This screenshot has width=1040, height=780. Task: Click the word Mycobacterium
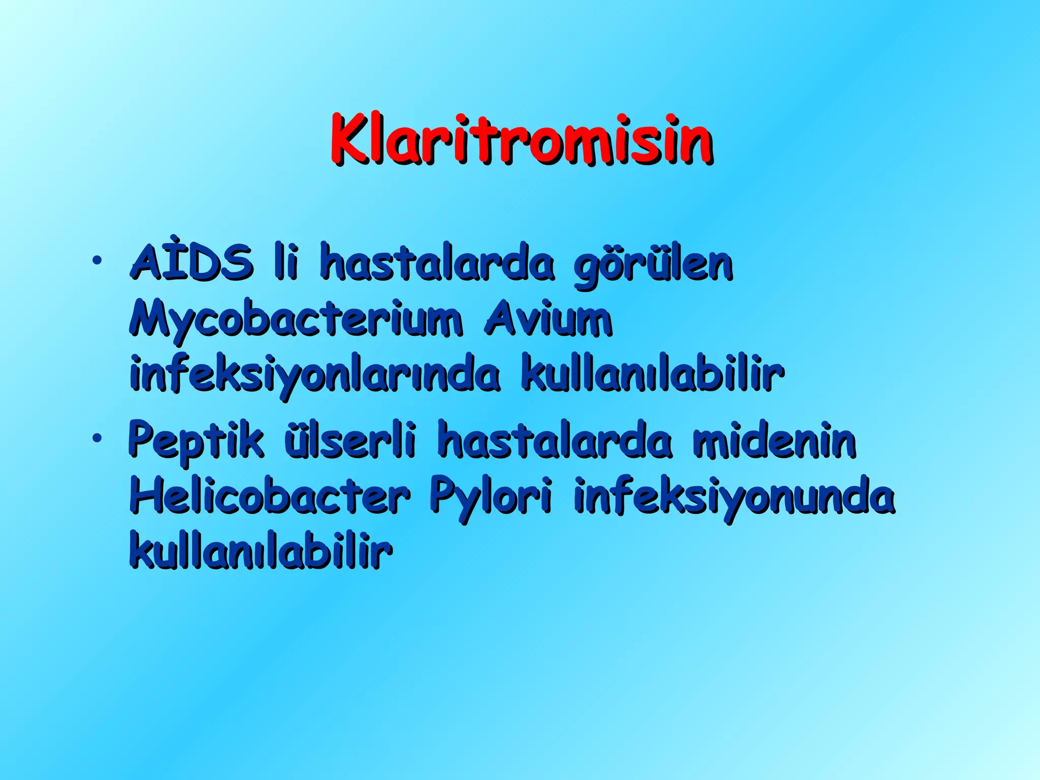pos(296,320)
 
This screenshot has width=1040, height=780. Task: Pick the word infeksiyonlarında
pos(315,376)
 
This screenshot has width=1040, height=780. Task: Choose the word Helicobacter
pos(270,495)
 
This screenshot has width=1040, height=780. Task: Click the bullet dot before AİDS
pos(95,261)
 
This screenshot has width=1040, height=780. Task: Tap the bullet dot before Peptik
pos(95,437)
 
